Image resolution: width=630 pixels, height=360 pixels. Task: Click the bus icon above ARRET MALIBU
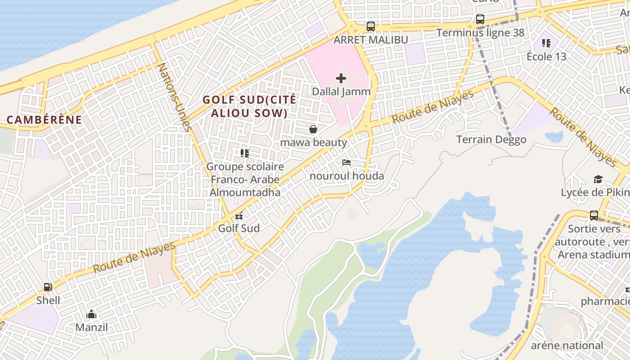[370, 27]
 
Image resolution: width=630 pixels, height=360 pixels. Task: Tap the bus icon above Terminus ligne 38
[480, 19]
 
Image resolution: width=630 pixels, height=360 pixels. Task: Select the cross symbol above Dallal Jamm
[341, 78]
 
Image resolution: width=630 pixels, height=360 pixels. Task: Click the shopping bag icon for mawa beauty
[313, 130]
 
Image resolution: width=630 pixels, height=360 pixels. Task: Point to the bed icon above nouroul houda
[346, 162]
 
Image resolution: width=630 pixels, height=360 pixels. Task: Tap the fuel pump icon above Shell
[48, 287]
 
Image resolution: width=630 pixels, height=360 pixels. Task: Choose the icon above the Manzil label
[91, 314]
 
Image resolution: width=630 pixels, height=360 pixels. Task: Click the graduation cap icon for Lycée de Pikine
[598, 180]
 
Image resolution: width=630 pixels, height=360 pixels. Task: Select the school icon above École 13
[546, 43]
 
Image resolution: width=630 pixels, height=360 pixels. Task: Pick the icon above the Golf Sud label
[239, 216]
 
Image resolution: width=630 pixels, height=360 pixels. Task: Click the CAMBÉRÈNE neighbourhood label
[45, 120]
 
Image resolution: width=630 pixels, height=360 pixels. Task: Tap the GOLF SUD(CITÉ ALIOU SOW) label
[249, 106]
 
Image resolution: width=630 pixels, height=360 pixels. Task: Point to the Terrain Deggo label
[491, 139]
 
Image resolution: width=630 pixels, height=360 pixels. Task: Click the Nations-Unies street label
[175, 97]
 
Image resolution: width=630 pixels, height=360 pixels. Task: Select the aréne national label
[567, 346]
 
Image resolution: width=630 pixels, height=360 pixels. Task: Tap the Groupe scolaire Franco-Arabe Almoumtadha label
[245, 180]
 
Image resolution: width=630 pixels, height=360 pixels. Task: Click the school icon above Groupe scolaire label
[244, 153]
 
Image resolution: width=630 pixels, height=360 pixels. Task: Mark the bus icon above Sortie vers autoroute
[594, 216]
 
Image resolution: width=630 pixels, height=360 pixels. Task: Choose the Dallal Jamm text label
[341, 91]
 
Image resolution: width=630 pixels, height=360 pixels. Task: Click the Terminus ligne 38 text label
[480, 33]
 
